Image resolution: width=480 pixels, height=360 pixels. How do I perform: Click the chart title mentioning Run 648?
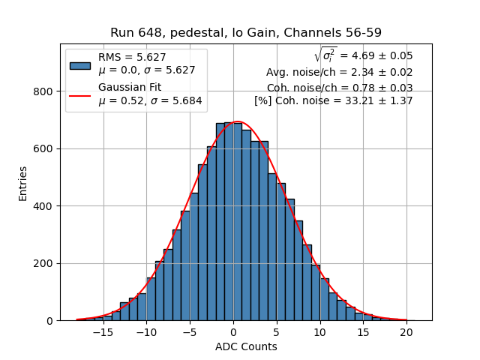[245, 33]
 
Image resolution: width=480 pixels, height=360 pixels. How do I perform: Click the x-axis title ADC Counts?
[245, 346]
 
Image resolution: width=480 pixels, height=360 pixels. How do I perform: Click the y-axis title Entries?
[23, 183]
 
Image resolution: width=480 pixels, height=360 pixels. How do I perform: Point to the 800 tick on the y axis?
[46, 91]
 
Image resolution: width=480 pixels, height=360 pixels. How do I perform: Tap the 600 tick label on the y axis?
[46, 148]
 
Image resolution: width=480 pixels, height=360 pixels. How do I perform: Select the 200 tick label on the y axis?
[46, 263]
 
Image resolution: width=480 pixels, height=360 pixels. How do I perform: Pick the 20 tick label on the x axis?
[406, 332]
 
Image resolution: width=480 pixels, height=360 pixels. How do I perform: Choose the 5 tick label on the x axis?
[276, 332]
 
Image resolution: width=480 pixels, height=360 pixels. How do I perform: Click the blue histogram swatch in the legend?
[80, 64]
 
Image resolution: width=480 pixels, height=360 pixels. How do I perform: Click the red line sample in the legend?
[80, 94]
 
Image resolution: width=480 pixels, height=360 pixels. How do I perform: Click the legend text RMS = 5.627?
[132, 57]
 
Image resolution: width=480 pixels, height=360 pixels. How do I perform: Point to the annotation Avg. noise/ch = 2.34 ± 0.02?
[339, 72]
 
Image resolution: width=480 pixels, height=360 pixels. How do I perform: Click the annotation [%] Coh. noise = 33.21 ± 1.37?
[333, 100]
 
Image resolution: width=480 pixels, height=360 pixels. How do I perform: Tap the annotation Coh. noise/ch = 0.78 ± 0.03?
[339, 87]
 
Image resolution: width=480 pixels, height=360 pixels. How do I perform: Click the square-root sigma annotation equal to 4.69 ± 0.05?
[363, 55]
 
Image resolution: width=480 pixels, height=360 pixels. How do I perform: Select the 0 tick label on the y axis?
[50, 321]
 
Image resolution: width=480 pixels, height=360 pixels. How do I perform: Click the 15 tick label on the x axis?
[363, 332]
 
